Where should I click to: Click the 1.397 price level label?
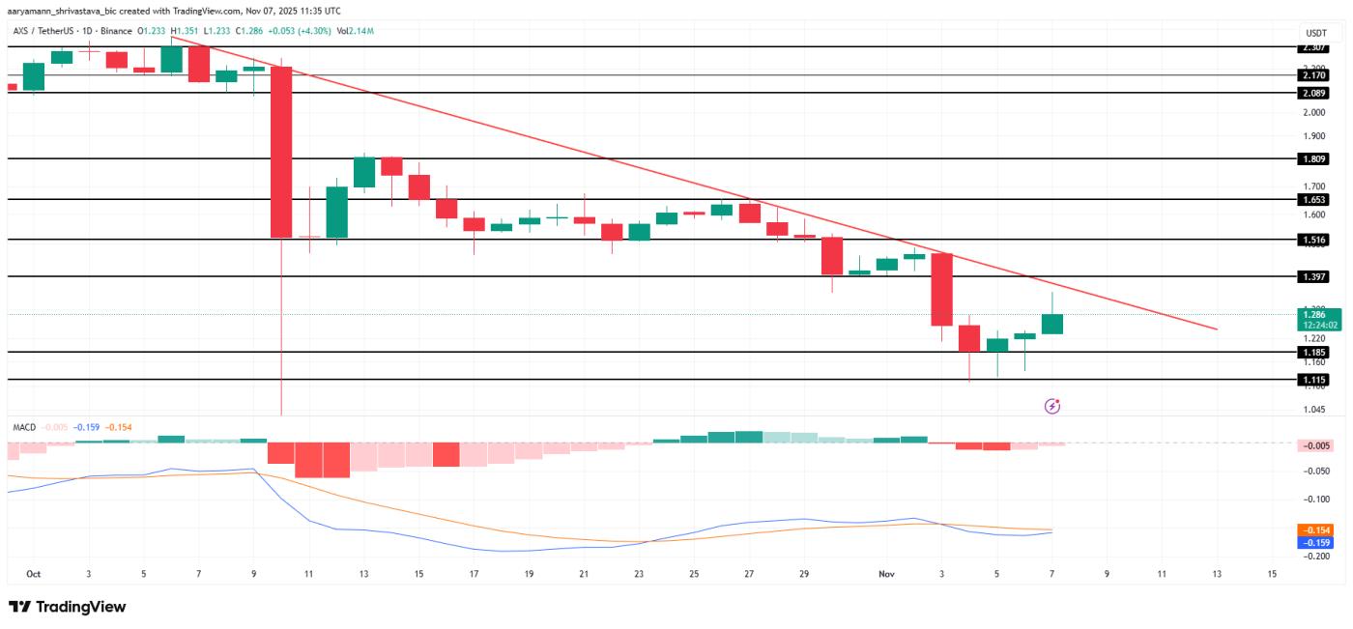point(1312,276)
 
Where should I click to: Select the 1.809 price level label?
point(1312,158)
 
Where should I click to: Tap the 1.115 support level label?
point(1312,380)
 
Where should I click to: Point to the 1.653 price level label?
point(1312,199)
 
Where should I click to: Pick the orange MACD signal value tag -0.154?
point(1317,530)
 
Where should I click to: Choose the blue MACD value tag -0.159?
point(1317,543)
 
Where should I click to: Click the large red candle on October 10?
point(281,152)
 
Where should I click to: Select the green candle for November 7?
point(1052,324)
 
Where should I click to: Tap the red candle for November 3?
point(942,290)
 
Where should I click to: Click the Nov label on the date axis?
point(887,574)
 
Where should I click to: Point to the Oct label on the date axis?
point(34,574)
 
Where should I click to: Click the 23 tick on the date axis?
point(639,574)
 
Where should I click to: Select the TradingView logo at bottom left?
point(68,607)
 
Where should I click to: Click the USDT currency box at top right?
point(1316,32)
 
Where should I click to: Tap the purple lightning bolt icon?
point(1052,407)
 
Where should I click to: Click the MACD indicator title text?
point(24,427)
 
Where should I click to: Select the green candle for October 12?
point(336,212)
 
